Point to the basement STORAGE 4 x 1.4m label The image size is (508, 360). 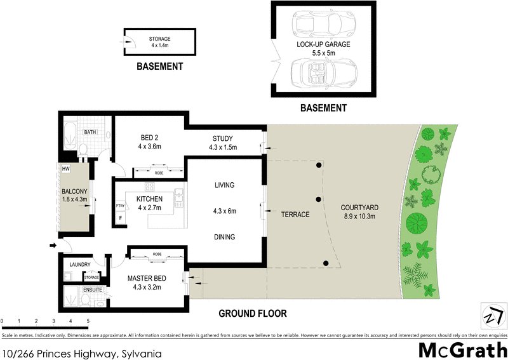click(x=160, y=43)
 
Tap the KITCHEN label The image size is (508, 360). click(x=150, y=203)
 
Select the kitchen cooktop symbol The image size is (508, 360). click(x=150, y=187)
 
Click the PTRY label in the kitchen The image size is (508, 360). click(x=119, y=206)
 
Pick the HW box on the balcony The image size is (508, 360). click(x=65, y=169)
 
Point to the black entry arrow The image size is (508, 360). click(x=52, y=245)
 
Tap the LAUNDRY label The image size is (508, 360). click(x=81, y=264)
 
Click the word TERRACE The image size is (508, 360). click(x=295, y=215)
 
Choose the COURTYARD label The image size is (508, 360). click(x=359, y=211)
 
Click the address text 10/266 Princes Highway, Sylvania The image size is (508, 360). click(x=82, y=351)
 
